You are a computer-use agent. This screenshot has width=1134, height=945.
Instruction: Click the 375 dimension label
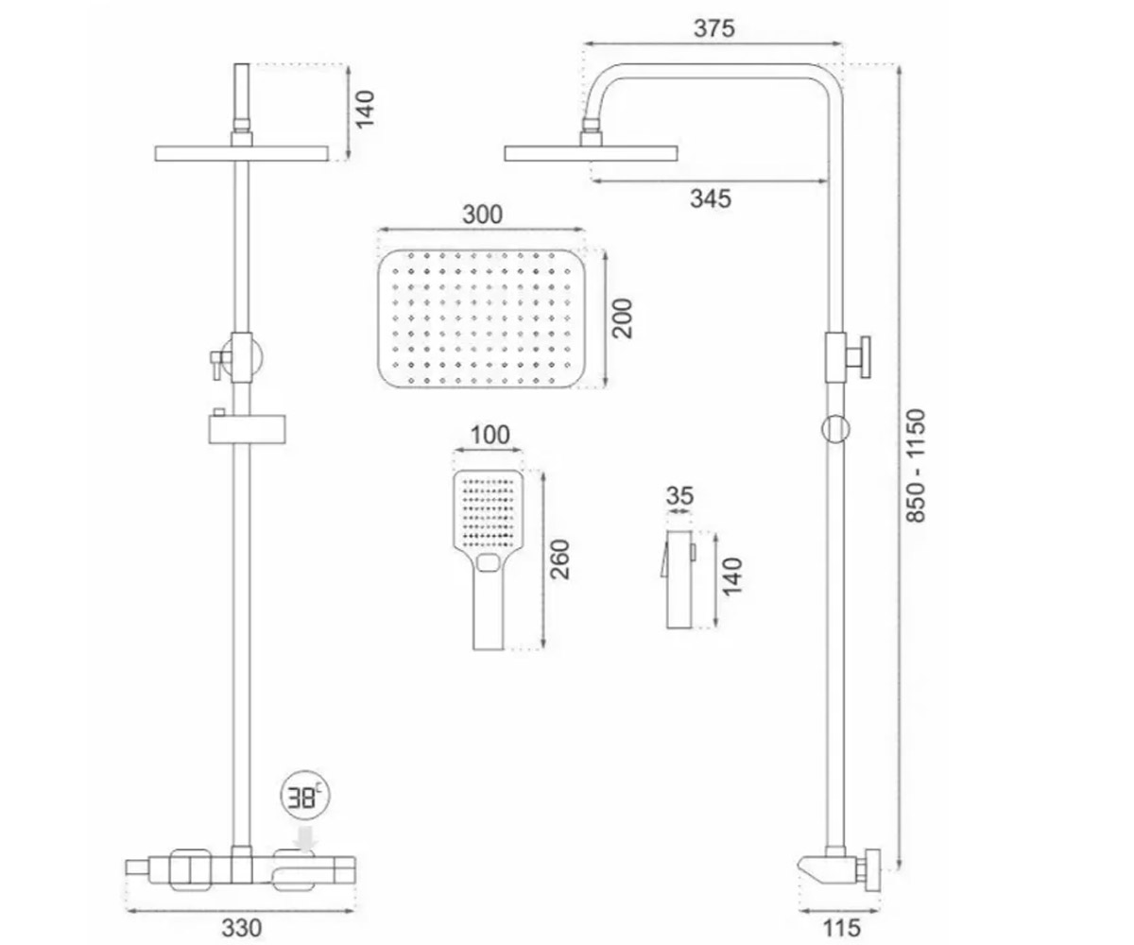pos(713,28)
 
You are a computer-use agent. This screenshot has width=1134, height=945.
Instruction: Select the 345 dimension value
pos(711,198)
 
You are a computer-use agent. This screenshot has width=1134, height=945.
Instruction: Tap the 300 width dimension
pos(482,215)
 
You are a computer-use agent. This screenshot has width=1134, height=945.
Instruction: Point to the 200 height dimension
pos(623,318)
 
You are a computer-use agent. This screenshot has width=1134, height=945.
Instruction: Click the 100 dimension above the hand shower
pos(490,435)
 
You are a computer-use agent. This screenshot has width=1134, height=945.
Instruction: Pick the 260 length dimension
pos(560,559)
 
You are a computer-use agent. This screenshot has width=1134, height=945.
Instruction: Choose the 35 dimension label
pos(679,496)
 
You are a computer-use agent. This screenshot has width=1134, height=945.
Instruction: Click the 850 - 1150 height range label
pos(916,466)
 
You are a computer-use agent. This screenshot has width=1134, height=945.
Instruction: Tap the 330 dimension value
pos(241,928)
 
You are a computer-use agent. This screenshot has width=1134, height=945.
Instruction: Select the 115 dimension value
pos(842,928)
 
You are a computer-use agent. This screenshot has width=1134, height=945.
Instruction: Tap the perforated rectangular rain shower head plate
pos(482,318)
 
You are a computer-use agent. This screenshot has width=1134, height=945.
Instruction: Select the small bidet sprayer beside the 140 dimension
pos(679,579)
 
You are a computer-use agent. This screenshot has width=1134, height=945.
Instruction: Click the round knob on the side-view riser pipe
pos(835,429)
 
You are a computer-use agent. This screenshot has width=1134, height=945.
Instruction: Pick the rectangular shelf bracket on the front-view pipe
pos(247,429)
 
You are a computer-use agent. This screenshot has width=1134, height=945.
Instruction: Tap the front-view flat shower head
pos(242,153)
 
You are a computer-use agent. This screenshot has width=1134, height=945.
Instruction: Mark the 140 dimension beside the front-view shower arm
pos(365,110)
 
